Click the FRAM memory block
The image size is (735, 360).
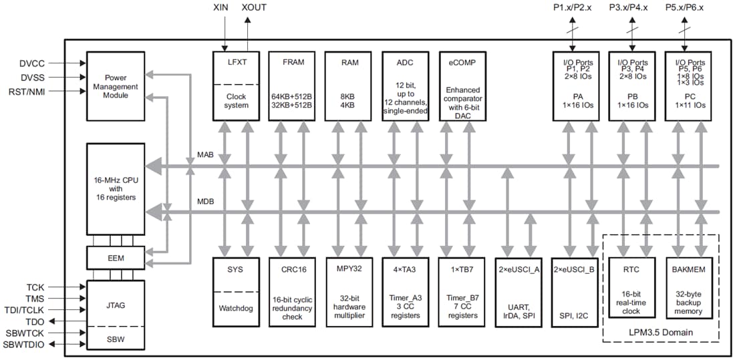293,85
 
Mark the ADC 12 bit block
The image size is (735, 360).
406,85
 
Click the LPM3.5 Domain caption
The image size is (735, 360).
661,333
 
